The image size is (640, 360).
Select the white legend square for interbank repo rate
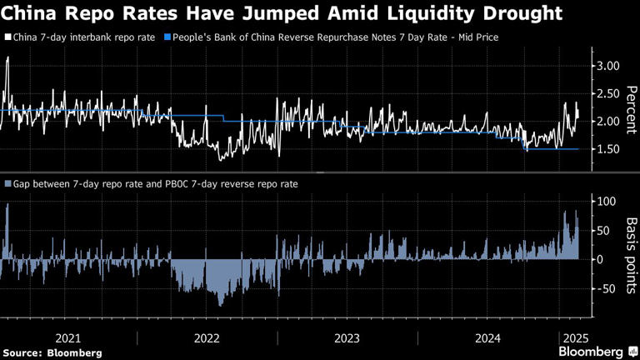pyautogui.click(x=7, y=38)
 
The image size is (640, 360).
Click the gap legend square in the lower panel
pyautogui.click(x=7, y=183)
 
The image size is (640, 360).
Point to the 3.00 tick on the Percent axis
pyautogui.click(x=605, y=66)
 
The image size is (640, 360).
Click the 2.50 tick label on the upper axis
pyautogui.click(x=605, y=93)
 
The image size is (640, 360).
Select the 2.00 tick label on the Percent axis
pyautogui.click(x=605, y=122)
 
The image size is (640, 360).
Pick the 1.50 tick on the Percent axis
pyautogui.click(x=605, y=149)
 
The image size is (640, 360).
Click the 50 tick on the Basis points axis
pyautogui.click(x=600, y=231)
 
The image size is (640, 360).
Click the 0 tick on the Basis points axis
pyautogui.click(x=597, y=259)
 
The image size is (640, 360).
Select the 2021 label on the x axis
pyautogui.click(x=67, y=337)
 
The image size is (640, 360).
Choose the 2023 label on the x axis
pyautogui.click(x=347, y=337)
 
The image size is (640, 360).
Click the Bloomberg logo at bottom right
pyautogui.click(x=592, y=352)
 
